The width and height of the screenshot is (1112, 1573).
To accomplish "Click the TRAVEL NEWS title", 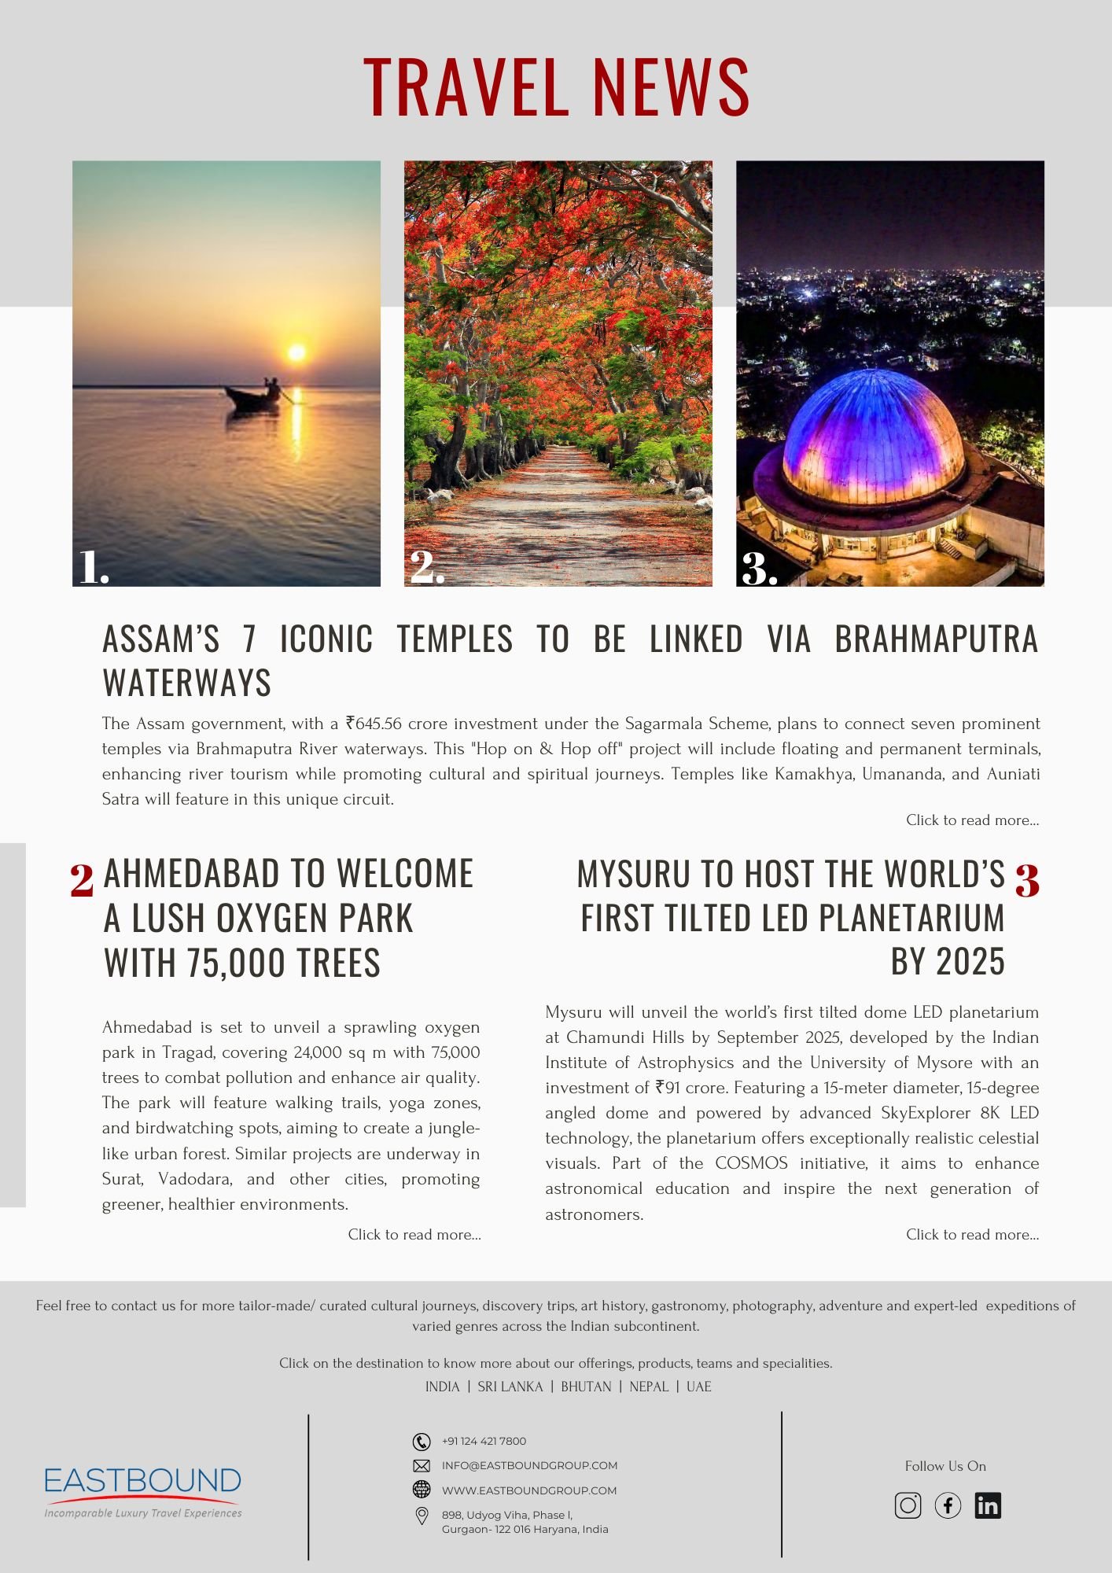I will point(556,87).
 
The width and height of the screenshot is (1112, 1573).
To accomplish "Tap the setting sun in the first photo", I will point(296,352).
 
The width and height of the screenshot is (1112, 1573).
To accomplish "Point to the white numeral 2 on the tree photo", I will point(425,566).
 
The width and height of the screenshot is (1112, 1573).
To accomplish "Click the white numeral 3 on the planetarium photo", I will point(758,568).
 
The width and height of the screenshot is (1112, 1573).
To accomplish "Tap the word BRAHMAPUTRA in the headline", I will point(936,639).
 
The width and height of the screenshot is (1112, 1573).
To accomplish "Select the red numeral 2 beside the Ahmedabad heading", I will point(82,880).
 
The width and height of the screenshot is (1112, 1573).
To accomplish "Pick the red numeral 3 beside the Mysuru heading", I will point(1027,880).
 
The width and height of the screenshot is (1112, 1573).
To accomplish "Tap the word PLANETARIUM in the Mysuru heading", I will point(911,918).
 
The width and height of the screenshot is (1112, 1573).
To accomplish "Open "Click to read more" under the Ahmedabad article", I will point(414,1235).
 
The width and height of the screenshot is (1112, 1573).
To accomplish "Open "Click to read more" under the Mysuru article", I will point(972,1235).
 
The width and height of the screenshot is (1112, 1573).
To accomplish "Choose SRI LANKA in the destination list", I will point(510,1387).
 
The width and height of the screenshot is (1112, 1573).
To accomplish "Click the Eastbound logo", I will point(142,1490).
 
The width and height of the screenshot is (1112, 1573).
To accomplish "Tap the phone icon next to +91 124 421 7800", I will point(422,1441).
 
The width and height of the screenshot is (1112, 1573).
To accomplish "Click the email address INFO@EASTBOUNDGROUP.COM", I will point(529,1465).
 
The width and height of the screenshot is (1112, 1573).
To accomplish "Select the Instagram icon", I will point(908,1505).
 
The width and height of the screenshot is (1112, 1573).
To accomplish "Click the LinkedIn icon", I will point(988,1505).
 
